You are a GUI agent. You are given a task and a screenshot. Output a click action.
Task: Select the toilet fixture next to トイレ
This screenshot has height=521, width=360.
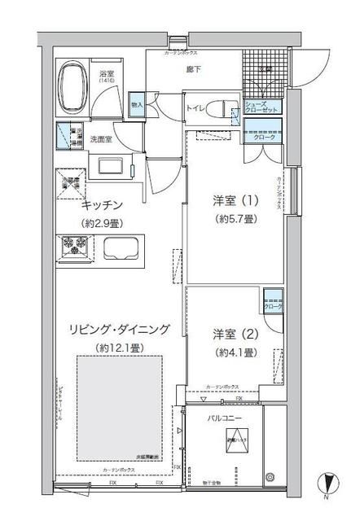pyautogui.click(x=219, y=107)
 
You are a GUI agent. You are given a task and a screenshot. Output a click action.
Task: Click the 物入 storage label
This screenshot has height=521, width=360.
pyautogui.click(x=137, y=105)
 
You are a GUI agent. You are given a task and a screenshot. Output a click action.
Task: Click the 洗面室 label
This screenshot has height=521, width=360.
pyautogui.click(x=101, y=138)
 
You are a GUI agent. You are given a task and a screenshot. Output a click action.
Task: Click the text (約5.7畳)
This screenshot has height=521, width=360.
pyautogui.click(x=237, y=219)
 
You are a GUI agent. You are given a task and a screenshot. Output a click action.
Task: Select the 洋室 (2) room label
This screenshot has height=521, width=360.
pyautogui.click(x=237, y=334)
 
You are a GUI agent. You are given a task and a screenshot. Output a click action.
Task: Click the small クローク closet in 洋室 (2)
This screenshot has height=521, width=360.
pyautogui.click(x=274, y=307)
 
